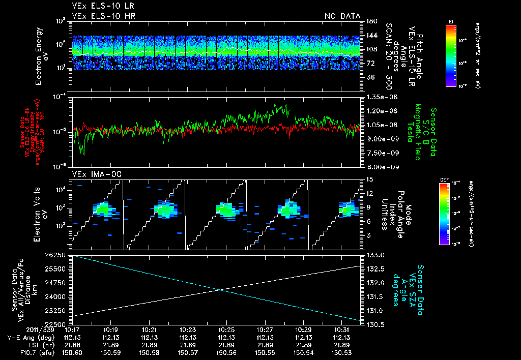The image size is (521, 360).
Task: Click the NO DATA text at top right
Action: (342, 16)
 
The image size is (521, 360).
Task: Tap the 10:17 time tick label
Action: (73, 330)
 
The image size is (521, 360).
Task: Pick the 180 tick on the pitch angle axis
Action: (371, 21)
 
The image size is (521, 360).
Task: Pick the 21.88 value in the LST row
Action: (73, 345)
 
